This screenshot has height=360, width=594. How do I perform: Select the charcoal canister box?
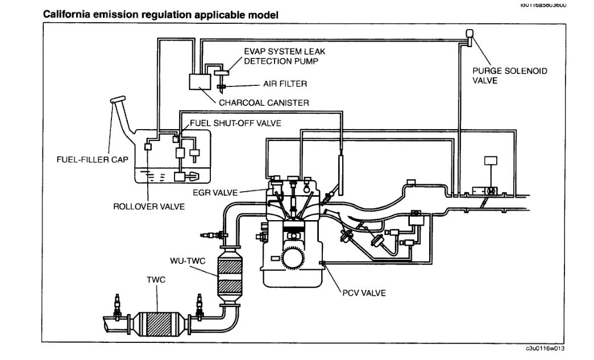(198, 81)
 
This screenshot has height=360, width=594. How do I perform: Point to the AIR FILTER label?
(285, 84)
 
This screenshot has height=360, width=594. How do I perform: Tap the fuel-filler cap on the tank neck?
(117, 100)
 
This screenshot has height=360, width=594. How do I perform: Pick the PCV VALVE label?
(365, 293)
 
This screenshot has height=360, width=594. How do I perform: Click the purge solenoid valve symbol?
(470, 36)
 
